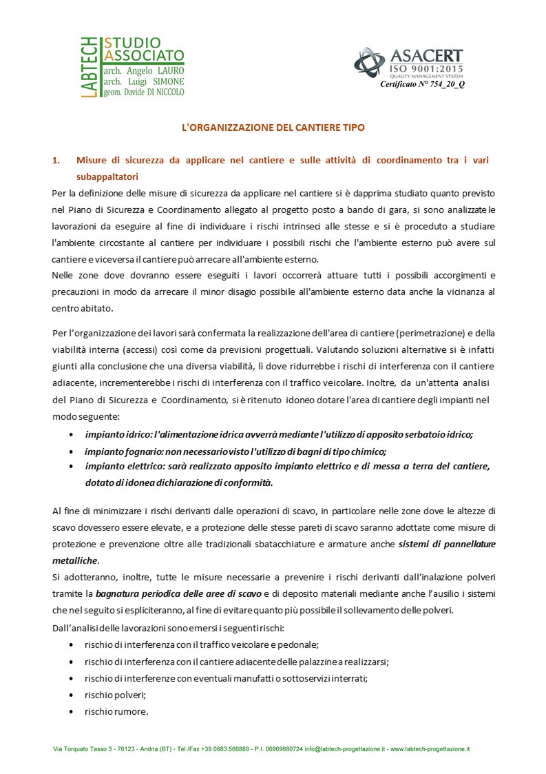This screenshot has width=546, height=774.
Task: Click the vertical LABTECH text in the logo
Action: click(x=89, y=68)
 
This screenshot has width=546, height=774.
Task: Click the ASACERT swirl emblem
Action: click(x=369, y=63)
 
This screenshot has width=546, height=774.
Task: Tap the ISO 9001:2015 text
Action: click(x=427, y=69)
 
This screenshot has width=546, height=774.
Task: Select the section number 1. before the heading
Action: click(x=56, y=160)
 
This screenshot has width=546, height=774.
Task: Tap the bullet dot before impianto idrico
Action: click(x=73, y=435)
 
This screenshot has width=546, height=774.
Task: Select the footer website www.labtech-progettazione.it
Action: click(x=430, y=748)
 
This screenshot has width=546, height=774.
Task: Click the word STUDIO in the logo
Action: click(x=132, y=43)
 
